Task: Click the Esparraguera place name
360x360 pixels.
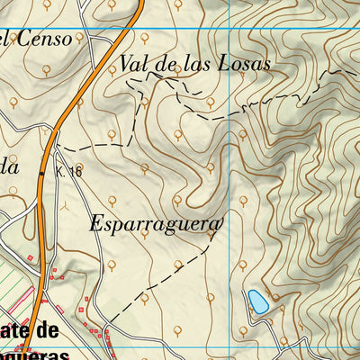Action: pyautogui.click(x=155, y=224)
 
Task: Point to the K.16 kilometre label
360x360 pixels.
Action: pyautogui.click(x=68, y=170)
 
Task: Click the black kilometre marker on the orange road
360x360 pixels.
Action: pyautogui.click(x=42, y=169)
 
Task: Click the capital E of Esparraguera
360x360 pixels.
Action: pyautogui.click(x=96, y=224)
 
